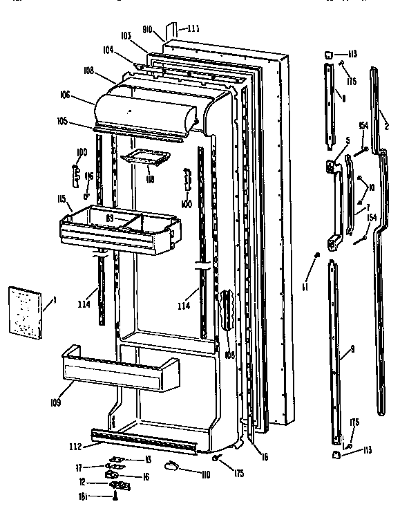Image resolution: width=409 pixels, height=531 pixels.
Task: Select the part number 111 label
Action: pos(193,28)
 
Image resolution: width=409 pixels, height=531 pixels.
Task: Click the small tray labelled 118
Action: pos(145,159)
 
